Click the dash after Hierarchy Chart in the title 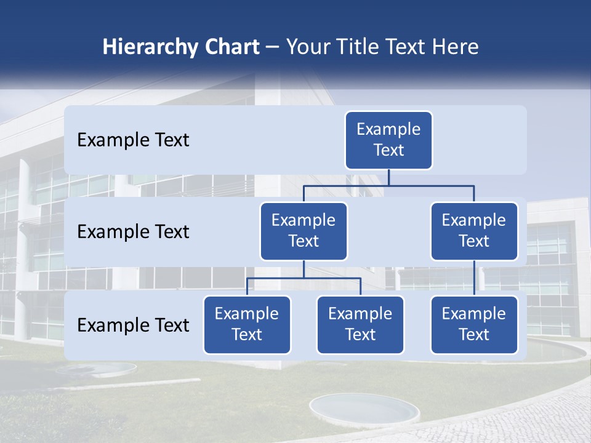coord(273,48)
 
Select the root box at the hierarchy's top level coord(388,140)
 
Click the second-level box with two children coord(304,231)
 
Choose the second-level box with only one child coord(474,231)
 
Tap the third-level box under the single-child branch coord(474,324)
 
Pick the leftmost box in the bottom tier coord(247,324)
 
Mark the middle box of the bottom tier coord(360,324)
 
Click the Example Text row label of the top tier coord(133,140)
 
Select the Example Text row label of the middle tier coord(133,232)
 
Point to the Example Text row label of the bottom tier coord(133,325)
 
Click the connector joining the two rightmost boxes coord(474,278)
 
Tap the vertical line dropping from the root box coord(388,177)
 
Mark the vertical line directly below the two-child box coord(304,269)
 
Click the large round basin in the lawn coord(355,409)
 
